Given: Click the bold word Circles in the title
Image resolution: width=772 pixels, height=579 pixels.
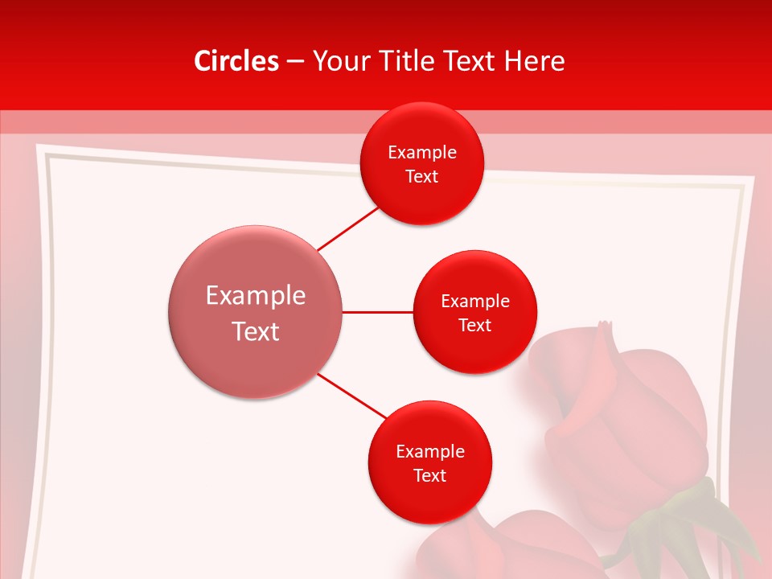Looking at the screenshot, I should coord(236,61).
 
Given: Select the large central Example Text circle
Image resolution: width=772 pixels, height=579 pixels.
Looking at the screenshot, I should coord(255,312).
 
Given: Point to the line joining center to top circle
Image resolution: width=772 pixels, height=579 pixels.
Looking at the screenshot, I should coord(347,228).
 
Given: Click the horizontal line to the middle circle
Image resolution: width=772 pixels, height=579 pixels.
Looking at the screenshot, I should coord(378,312).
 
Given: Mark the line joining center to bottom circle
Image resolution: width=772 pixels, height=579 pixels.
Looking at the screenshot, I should coord(351,396).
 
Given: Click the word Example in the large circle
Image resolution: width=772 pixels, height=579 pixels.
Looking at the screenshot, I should coord(255,295).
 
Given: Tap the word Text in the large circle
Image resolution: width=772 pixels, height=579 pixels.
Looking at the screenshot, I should coord(255,331).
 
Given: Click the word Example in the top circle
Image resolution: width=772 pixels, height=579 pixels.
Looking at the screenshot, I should coord(422,152).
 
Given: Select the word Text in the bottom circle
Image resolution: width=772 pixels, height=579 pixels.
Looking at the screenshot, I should coord(430,475).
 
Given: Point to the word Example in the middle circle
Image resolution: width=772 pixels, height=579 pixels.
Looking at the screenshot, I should coord(475,301).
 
